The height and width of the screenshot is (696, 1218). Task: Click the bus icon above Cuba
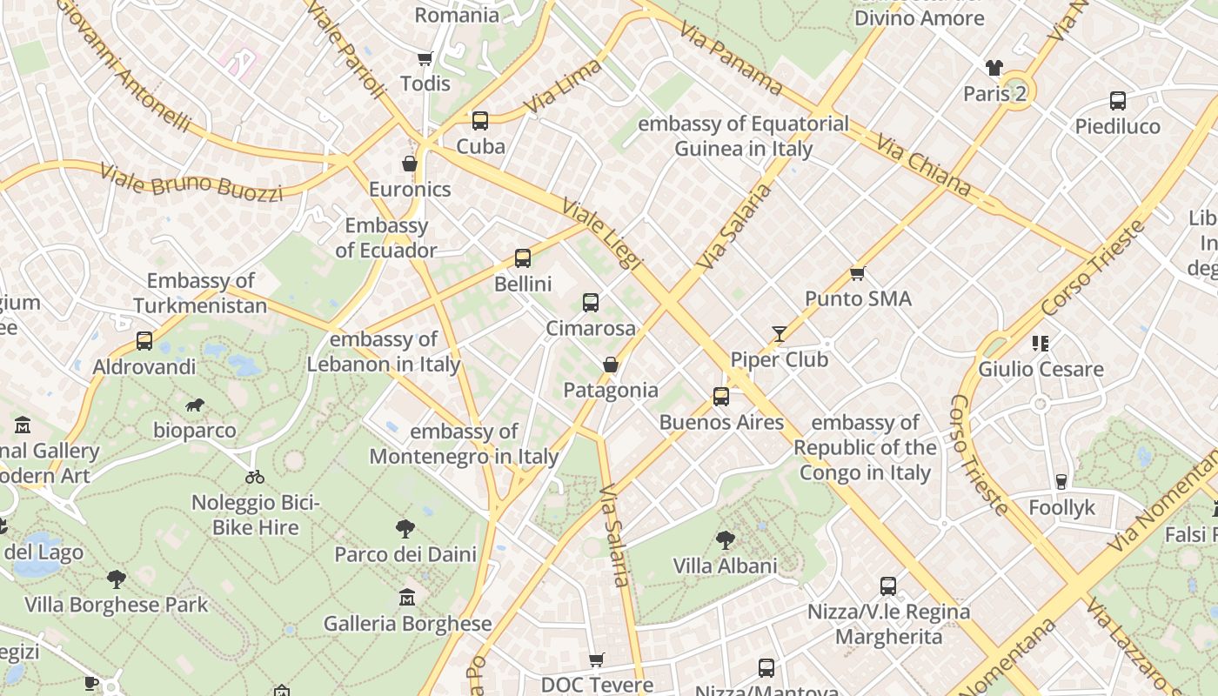click(479, 121)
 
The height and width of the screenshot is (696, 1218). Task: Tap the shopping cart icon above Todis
click(425, 58)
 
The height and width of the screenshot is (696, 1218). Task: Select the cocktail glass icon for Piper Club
click(779, 334)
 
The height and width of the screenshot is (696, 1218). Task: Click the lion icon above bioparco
click(195, 405)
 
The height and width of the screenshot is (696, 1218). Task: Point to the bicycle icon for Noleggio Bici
click(255, 477)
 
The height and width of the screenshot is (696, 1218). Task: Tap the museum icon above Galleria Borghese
click(406, 598)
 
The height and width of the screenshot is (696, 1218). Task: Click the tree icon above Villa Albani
click(725, 540)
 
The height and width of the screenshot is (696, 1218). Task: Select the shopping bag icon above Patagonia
click(611, 365)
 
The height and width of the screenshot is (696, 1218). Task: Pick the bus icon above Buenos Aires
click(720, 397)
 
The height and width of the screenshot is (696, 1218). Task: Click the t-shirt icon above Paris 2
click(994, 68)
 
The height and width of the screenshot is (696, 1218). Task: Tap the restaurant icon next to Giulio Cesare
click(1040, 344)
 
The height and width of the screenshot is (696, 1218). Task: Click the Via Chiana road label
click(923, 164)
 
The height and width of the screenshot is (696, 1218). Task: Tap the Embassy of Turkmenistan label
click(200, 293)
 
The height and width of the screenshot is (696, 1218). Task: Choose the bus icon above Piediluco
click(1117, 101)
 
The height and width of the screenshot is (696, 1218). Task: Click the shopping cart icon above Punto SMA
click(857, 273)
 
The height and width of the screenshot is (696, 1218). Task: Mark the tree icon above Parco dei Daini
click(405, 528)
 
